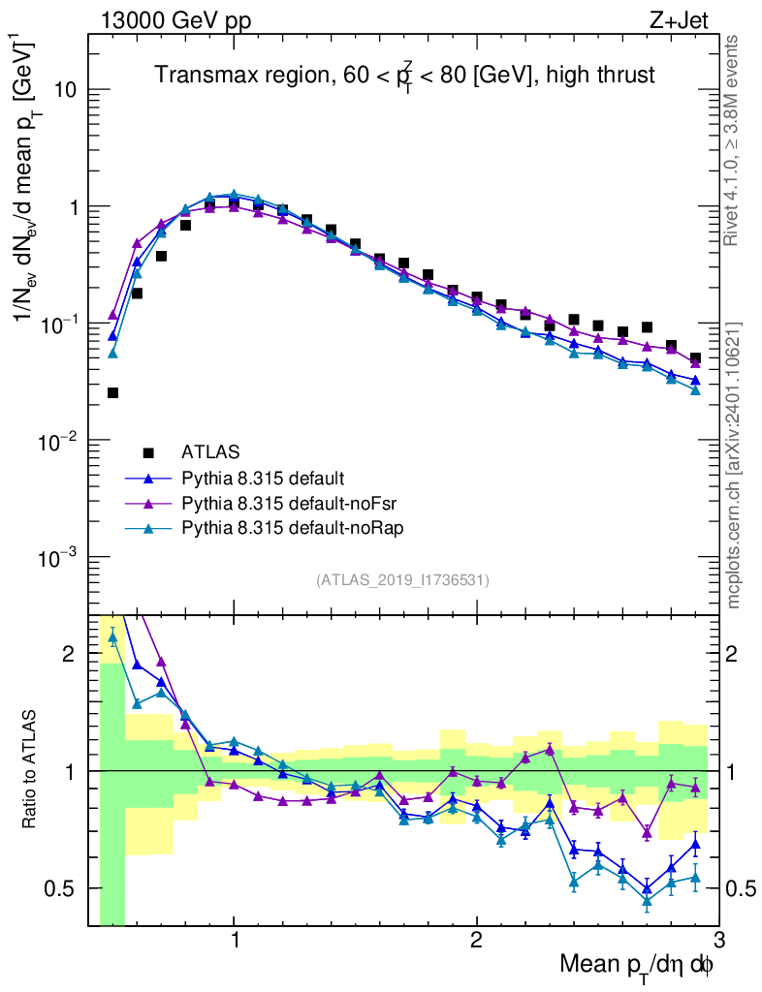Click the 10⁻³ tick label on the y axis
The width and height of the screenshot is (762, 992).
click(x=59, y=558)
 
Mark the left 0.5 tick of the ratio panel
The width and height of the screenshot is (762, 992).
click(x=67, y=888)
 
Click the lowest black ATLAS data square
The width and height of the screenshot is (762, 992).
click(x=112, y=392)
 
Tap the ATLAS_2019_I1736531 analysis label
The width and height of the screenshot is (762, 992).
click(x=402, y=580)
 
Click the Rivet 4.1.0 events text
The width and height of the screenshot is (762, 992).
click(x=733, y=140)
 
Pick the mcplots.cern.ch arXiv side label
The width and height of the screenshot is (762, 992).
click(x=734, y=465)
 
